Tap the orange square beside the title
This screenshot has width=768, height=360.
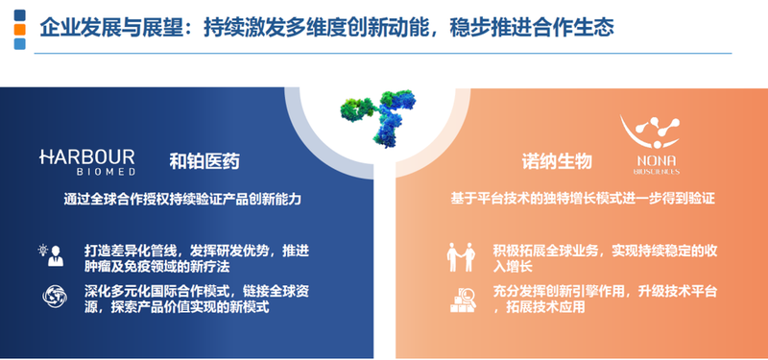[18, 31]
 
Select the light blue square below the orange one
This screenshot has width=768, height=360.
[18, 44]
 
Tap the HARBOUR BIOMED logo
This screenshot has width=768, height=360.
[87, 160]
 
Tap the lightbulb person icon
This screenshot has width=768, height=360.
[50, 255]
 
